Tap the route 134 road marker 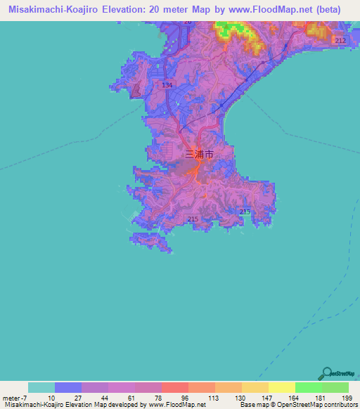[x=167, y=85]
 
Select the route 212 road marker [x=340, y=41]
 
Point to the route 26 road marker [x=187, y=22]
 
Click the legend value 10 [x=51, y=397]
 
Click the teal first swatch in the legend [x=41, y=387]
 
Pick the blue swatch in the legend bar [x=68, y=387]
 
